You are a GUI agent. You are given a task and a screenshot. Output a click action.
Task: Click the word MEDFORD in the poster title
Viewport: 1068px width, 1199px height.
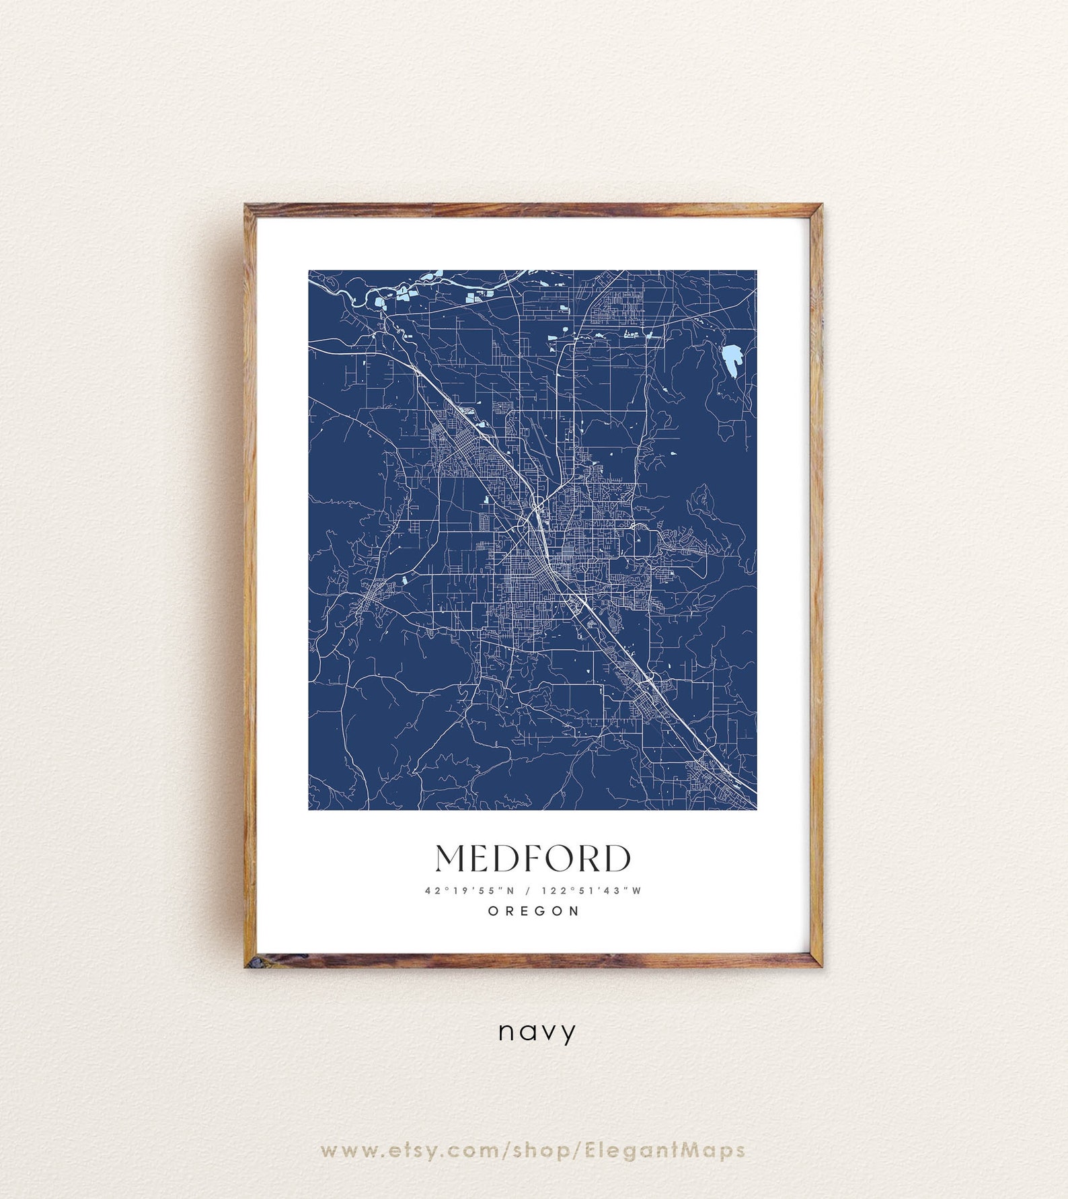[533, 859]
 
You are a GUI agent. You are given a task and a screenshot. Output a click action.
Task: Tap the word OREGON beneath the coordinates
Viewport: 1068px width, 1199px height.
[533, 911]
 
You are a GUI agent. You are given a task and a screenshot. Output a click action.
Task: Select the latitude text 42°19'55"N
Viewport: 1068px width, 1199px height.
[469, 891]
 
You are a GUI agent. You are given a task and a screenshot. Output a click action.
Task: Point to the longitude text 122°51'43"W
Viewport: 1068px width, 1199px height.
[592, 891]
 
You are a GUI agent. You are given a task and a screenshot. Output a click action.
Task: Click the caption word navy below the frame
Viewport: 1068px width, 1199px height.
[537, 1031]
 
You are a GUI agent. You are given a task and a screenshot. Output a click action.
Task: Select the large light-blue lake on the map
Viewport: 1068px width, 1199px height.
[730, 360]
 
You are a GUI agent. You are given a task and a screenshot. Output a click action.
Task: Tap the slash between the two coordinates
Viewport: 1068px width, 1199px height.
[528, 891]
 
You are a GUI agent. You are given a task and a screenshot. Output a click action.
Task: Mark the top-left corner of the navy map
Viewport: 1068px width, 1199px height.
[309, 271]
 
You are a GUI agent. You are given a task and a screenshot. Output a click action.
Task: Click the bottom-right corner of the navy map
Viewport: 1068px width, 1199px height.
[756, 809]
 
